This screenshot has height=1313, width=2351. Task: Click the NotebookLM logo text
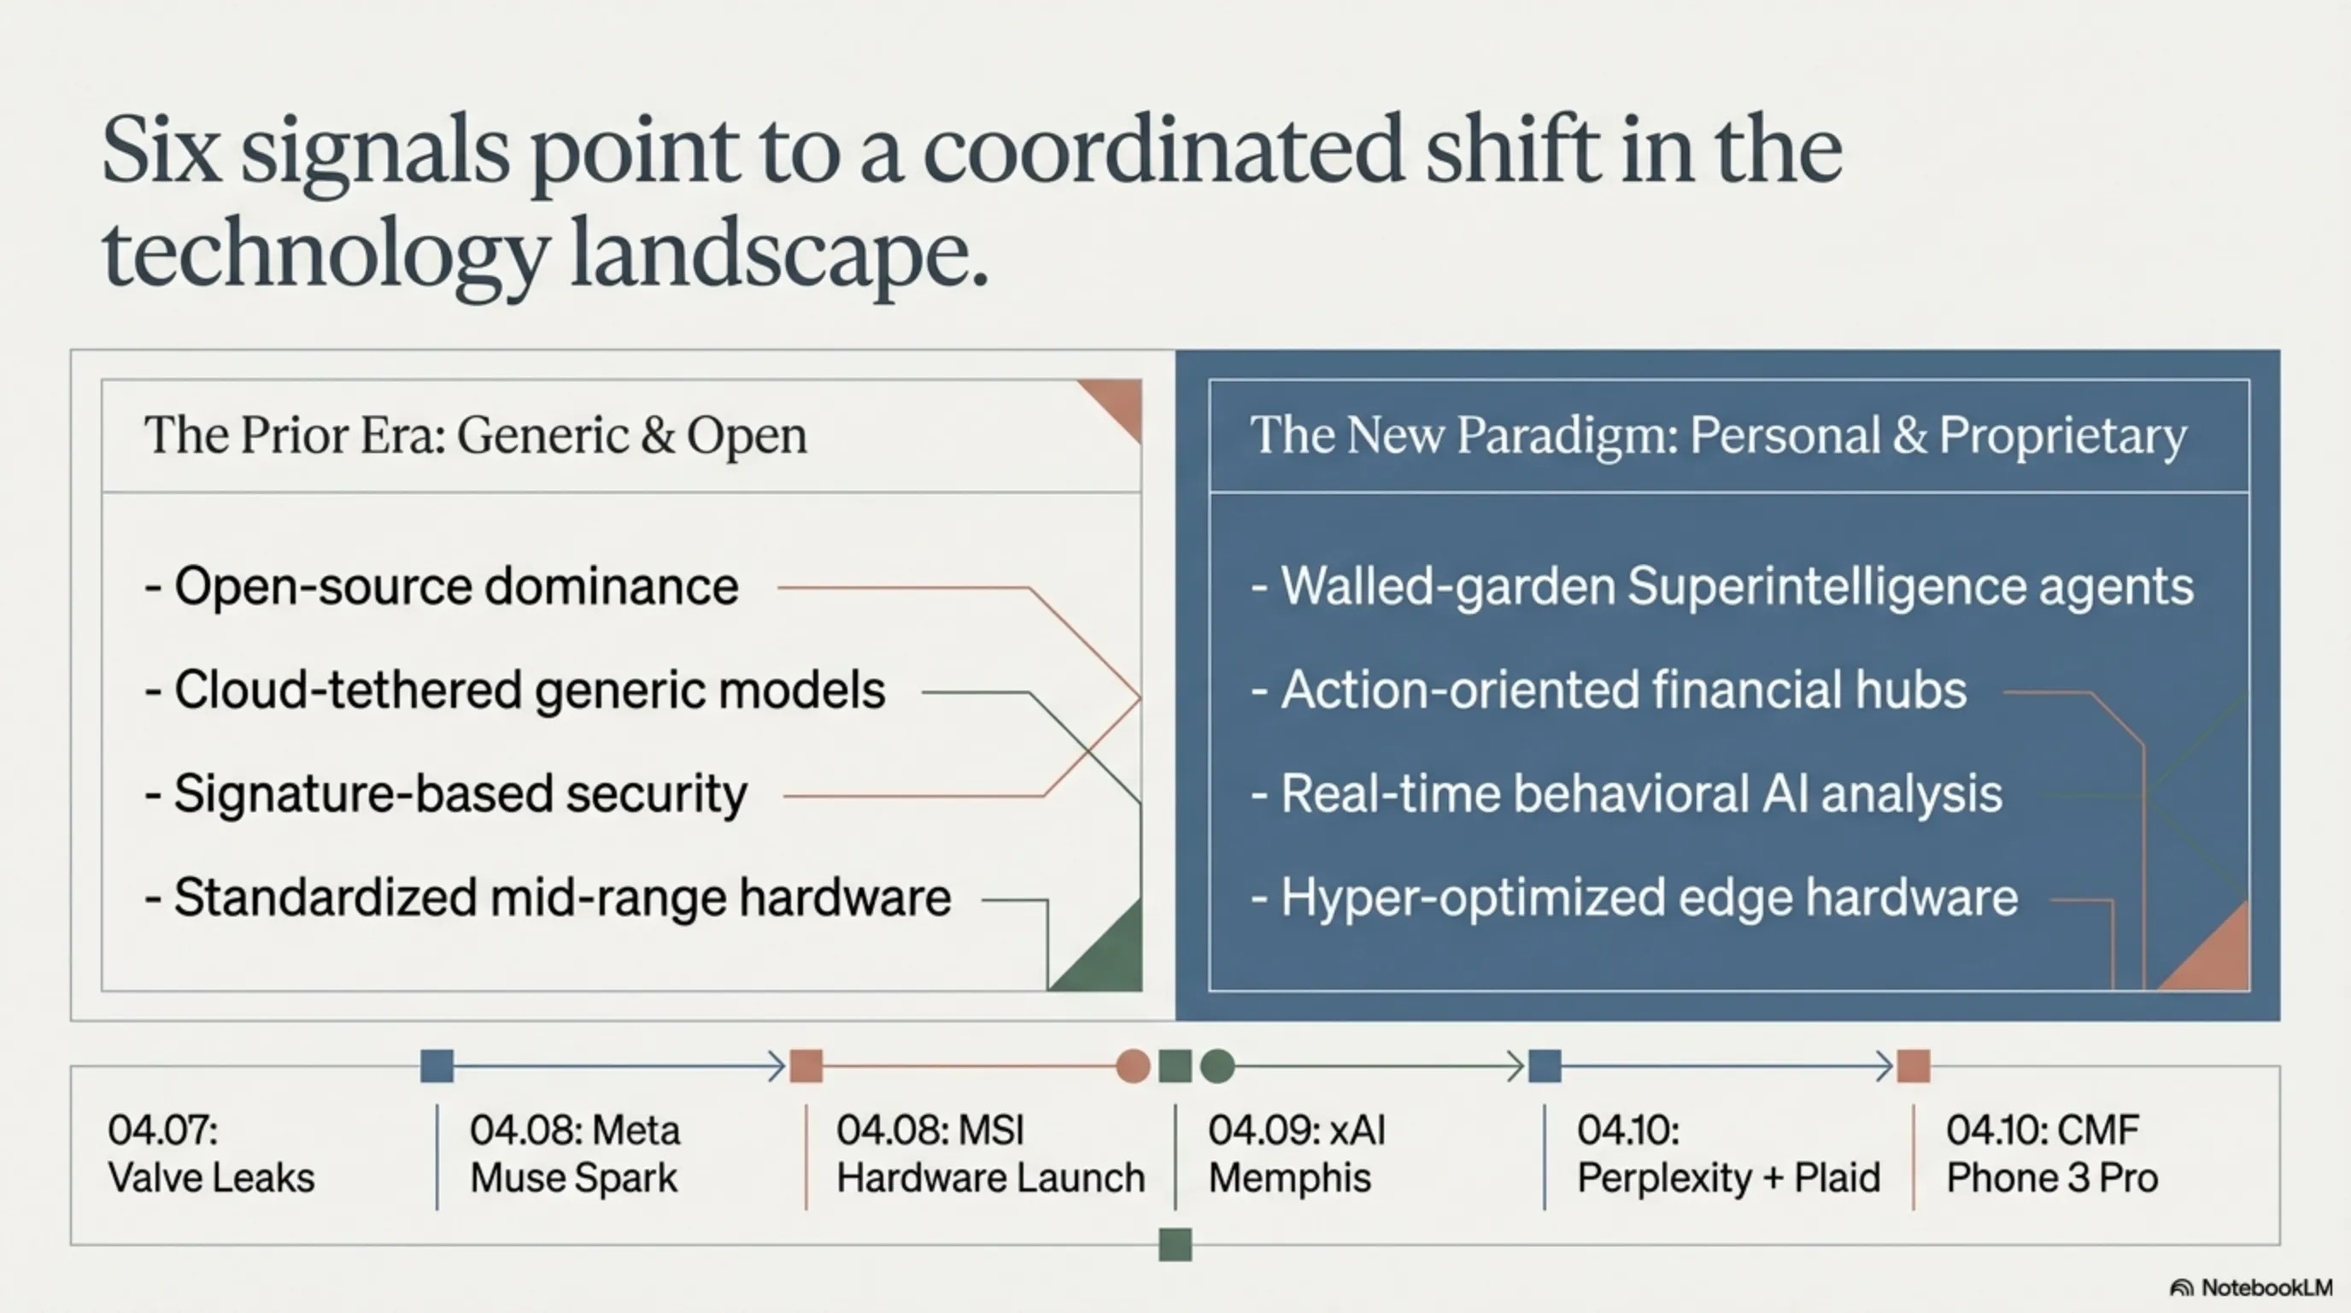tap(2266, 1287)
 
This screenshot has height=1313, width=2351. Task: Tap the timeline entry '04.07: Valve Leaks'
tap(211, 1154)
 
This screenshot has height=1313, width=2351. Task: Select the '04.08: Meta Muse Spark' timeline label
tap(575, 1154)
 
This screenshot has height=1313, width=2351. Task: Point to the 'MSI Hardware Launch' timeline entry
tap(990, 1154)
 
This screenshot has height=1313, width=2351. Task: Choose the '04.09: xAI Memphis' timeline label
tap(1297, 1154)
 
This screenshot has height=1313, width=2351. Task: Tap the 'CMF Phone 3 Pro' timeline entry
tap(2052, 1154)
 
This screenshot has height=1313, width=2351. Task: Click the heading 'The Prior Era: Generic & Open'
tap(476, 436)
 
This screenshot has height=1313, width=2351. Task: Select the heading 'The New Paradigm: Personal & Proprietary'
tap(1719, 436)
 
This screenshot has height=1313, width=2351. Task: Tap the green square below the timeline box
tap(1175, 1245)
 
